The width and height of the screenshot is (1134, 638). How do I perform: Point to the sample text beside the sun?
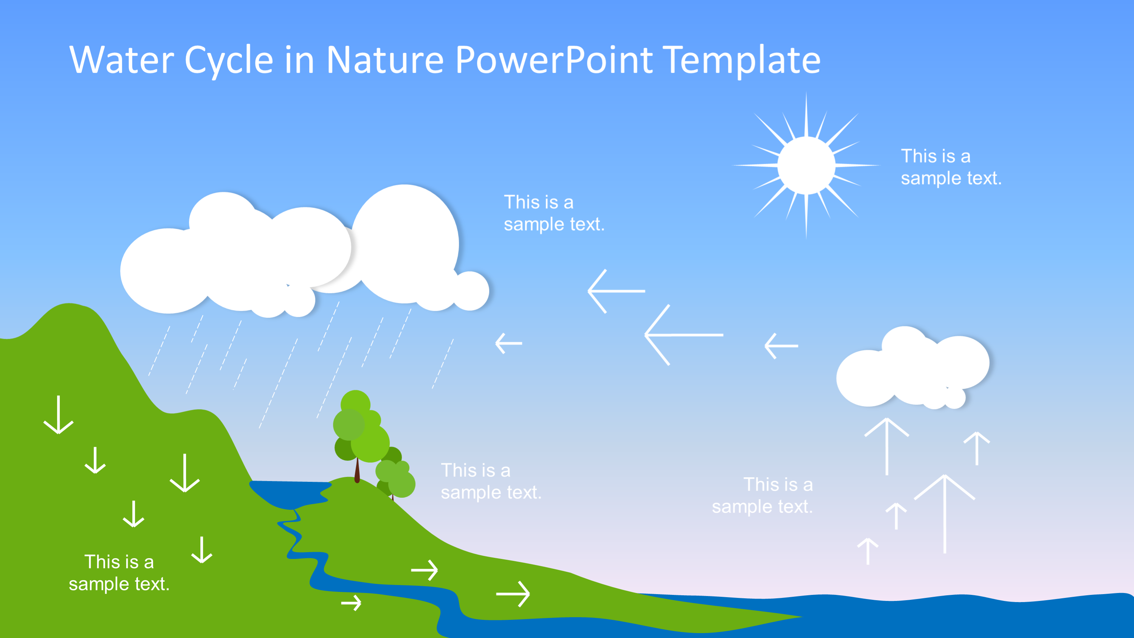click(x=951, y=167)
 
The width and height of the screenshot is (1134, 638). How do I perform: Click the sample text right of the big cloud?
click(x=554, y=214)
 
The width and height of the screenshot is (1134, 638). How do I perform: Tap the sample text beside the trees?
click(x=491, y=481)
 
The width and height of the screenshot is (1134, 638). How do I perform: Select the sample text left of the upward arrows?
click(x=762, y=496)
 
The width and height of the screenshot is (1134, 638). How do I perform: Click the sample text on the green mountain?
click(x=119, y=573)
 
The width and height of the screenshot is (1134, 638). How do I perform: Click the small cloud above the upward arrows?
click(x=912, y=368)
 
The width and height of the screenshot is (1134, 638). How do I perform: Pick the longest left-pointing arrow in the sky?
click(x=684, y=335)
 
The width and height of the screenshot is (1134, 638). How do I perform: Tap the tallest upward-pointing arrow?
click(x=945, y=514)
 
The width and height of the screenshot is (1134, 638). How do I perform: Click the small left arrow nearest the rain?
click(x=509, y=343)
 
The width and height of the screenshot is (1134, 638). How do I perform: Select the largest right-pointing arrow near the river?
click(x=513, y=594)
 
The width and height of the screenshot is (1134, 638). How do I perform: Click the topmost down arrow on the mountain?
click(x=59, y=415)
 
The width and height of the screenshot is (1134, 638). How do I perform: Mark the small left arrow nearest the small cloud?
click(x=781, y=346)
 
